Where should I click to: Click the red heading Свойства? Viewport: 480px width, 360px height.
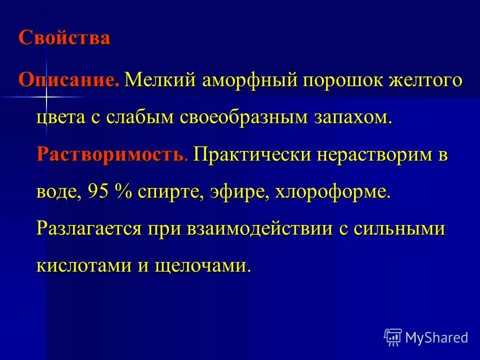pyautogui.click(x=64, y=38)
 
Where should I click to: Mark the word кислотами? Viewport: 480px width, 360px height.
pyautogui.click(x=81, y=265)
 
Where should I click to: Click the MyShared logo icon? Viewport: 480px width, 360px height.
pyautogui.click(x=393, y=337)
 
